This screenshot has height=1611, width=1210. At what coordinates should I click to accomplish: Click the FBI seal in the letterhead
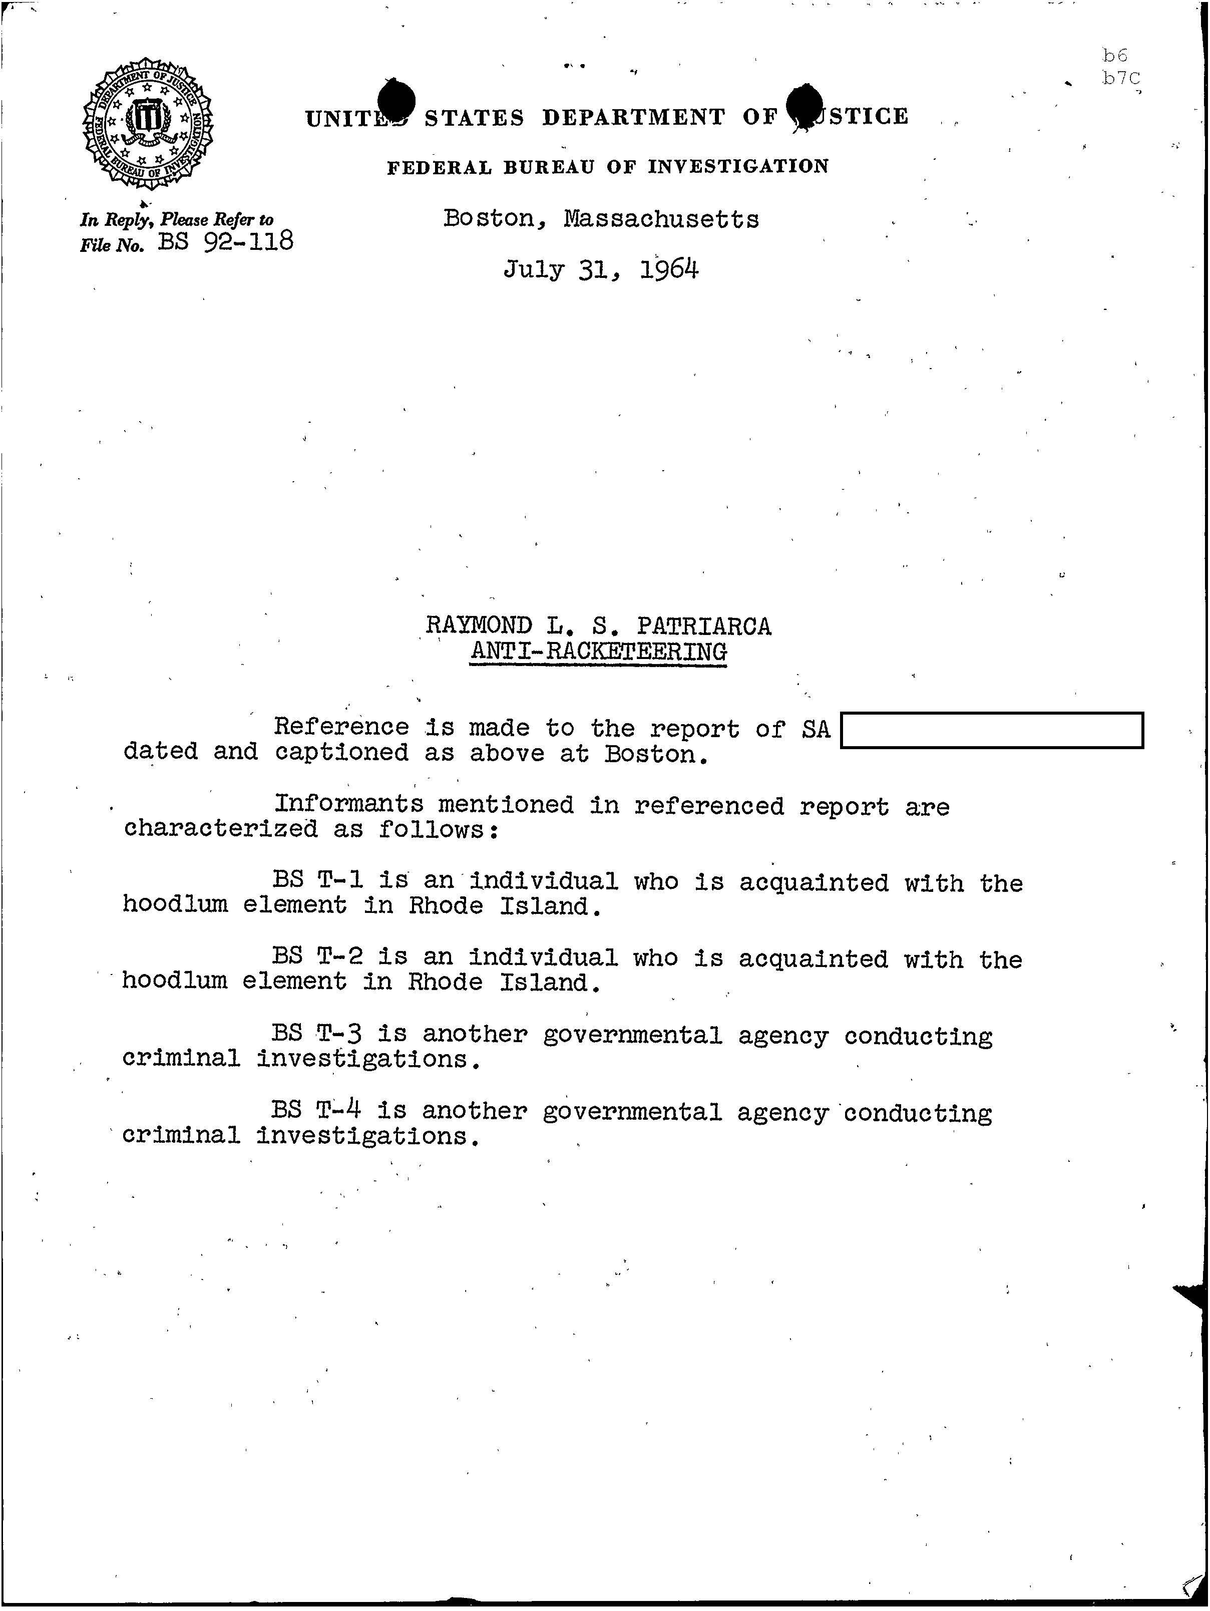148,122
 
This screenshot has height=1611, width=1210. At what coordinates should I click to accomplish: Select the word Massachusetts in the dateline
661,218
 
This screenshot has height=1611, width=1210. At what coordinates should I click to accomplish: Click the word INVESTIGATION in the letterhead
738,167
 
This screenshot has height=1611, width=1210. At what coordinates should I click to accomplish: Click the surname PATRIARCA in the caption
703,625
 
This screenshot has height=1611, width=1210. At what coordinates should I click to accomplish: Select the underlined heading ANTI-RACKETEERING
598,651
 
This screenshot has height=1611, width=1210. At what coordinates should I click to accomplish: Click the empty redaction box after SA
992,731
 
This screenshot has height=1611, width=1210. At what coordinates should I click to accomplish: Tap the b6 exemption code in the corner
1114,56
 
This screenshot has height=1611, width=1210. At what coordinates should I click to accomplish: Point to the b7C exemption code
1120,79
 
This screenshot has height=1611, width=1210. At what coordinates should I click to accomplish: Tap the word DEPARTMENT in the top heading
633,117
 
